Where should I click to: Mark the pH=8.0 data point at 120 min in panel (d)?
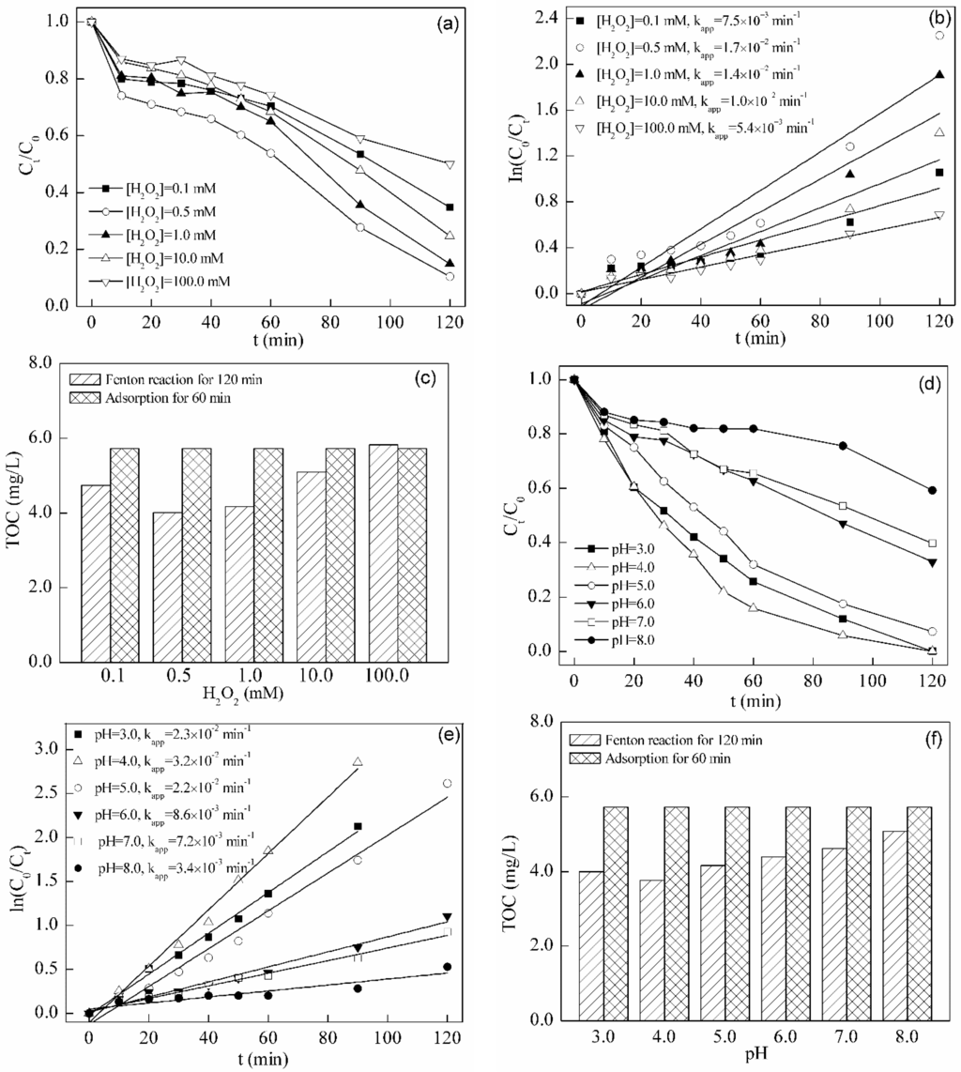[x=932, y=490]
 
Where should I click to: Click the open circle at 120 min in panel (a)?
[x=450, y=276]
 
